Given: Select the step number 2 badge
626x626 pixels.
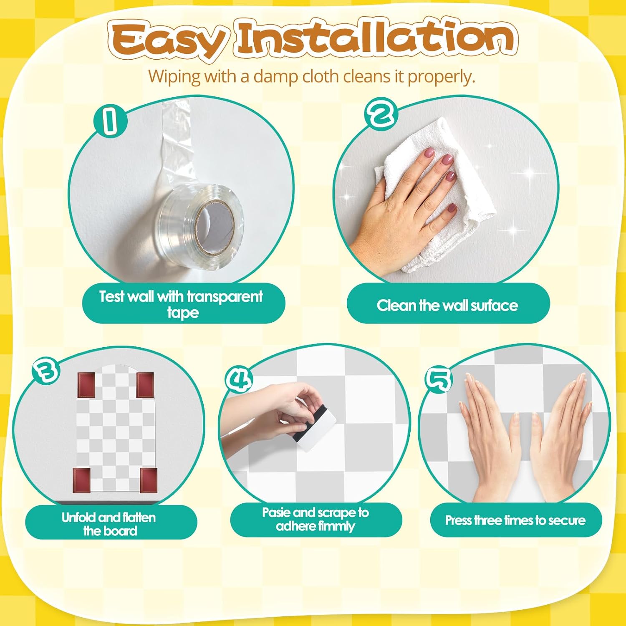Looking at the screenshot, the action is [381, 113].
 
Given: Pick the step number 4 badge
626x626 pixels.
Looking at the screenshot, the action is [239, 379].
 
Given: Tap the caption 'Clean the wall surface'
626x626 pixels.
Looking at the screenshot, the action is [447, 305].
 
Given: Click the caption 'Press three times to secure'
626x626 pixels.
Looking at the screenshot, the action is [515, 520].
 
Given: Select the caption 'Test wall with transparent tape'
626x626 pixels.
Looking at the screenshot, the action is [181, 304].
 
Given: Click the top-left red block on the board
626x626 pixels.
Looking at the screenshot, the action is [86, 385].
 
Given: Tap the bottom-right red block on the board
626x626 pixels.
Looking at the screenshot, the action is [148, 480].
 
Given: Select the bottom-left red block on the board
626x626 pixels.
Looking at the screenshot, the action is [82, 480].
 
